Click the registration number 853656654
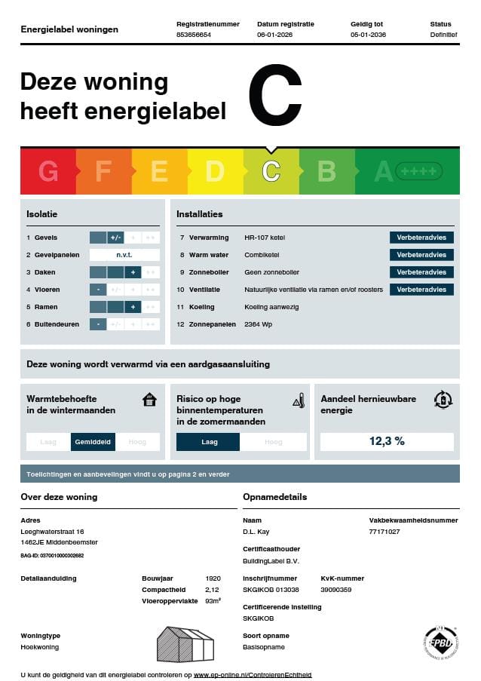click(x=194, y=35)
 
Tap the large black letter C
click(x=274, y=96)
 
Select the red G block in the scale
click(x=48, y=172)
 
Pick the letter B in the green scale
click(x=326, y=172)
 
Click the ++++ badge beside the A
click(x=419, y=172)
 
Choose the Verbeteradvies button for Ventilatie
click(x=421, y=290)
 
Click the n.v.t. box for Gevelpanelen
click(x=124, y=255)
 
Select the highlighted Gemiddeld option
click(x=93, y=442)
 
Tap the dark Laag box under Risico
click(x=208, y=442)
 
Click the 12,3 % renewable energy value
click(x=387, y=441)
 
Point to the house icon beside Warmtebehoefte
click(x=149, y=400)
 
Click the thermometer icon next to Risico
click(x=299, y=400)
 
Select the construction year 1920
click(x=213, y=578)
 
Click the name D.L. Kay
click(x=256, y=532)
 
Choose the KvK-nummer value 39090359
click(x=337, y=590)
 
